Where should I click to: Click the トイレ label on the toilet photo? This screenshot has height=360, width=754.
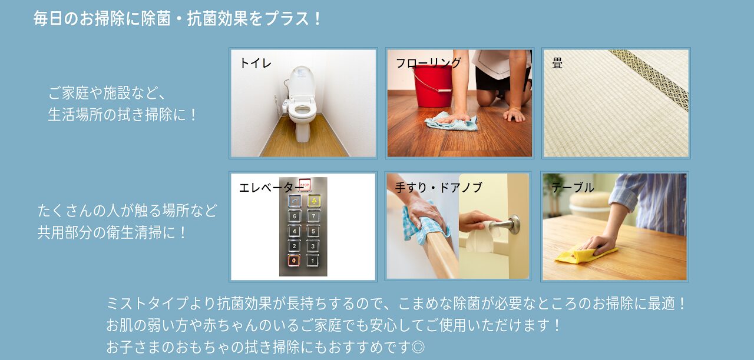pos(255,63)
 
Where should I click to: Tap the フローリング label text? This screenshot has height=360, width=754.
pos(428,63)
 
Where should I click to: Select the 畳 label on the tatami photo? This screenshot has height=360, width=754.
pos(557,63)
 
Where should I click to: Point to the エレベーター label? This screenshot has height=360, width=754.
pos(269,188)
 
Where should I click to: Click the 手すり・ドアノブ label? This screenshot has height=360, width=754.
pos(439,187)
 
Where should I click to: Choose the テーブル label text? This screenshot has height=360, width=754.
pos(572,187)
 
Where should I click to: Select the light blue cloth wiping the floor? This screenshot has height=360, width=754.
pos(451,122)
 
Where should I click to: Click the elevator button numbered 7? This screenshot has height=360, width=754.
pos(313,216)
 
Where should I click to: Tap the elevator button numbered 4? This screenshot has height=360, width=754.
pos(294,231)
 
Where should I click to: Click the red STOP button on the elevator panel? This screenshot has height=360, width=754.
pos(305,185)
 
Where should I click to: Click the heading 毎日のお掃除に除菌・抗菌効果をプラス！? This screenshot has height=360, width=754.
pos(177,19)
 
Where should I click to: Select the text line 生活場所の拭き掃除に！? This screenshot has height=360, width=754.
pos(123,115)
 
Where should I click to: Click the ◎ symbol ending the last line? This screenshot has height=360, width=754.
pos(418,347)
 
